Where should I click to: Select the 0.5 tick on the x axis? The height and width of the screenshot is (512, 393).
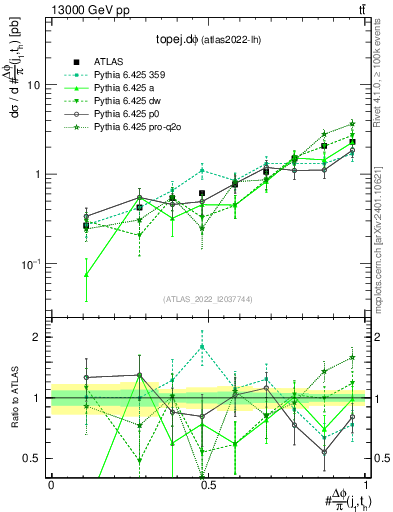pos(208,483)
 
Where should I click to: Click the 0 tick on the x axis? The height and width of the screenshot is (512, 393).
pos(51,483)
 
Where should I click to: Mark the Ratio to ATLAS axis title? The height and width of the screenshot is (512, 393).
pos(14,397)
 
